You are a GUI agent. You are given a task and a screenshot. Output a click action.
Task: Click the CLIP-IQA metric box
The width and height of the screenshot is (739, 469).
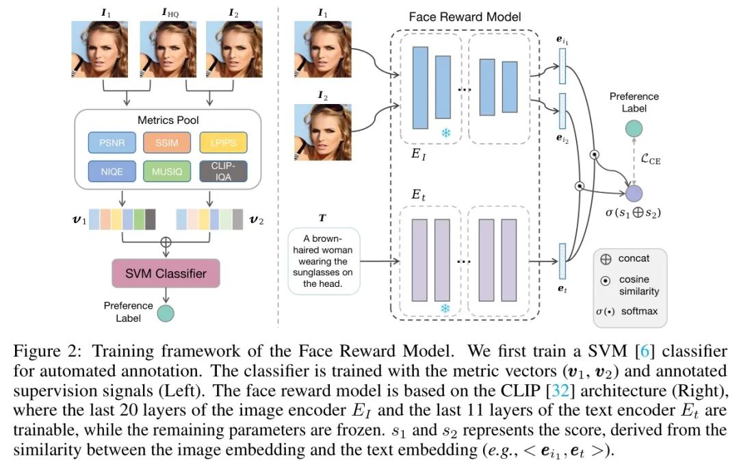point(224,170)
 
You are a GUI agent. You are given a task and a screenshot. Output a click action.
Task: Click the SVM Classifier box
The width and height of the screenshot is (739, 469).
point(166,273)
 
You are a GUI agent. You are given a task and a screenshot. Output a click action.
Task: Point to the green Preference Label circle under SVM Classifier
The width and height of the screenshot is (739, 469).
point(166,314)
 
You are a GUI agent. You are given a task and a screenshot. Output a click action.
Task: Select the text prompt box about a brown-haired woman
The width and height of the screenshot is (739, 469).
point(323,261)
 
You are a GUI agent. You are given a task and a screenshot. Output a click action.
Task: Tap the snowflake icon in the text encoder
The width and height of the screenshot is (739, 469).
point(445,309)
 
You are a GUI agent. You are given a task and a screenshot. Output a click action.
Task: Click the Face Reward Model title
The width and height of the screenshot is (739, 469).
point(465,16)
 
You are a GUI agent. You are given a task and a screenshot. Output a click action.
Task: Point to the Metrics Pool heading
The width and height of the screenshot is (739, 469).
point(168,120)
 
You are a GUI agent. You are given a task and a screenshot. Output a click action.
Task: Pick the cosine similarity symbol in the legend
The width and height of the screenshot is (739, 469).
point(605,281)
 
